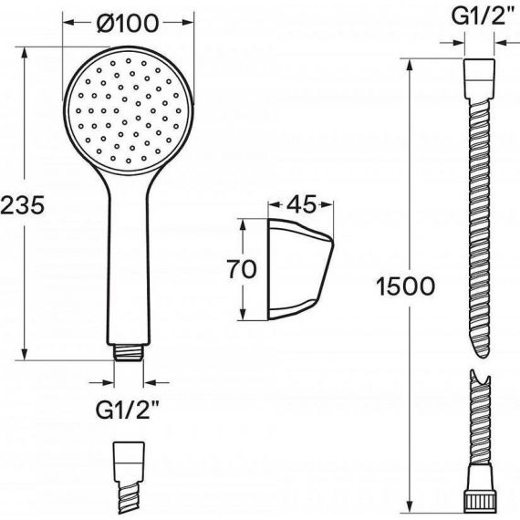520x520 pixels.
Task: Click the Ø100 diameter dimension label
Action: point(128,24)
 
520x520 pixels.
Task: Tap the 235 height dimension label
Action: point(22,205)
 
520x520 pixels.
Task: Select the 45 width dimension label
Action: point(301,204)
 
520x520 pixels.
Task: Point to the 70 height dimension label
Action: point(242,269)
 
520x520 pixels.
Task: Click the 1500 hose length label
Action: point(406,286)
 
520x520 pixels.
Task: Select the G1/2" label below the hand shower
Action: point(128,410)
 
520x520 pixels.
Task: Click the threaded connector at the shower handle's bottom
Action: point(129,352)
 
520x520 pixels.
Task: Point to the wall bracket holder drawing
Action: point(300,270)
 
